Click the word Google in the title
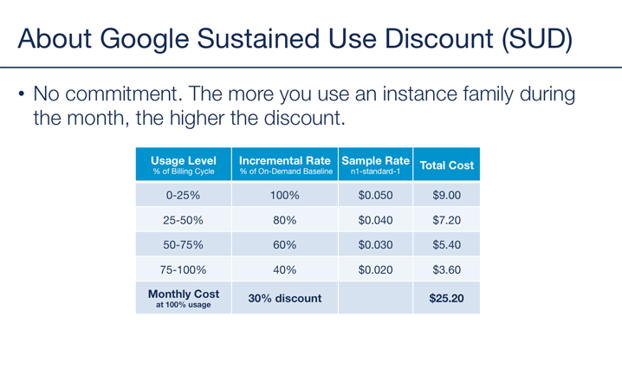[x=145, y=40]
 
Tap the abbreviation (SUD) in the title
[x=537, y=39]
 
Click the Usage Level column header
[x=184, y=165]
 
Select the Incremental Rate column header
[x=285, y=165]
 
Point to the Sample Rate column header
[x=375, y=165]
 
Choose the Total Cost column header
[x=447, y=165]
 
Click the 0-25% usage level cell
[x=184, y=195]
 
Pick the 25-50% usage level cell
[x=184, y=220]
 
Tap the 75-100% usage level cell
[x=184, y=269]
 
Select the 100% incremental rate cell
[x=285, y=195]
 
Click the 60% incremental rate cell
[x=285, y=244]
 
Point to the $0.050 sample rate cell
[x=375, y=195]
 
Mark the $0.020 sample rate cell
[x=375, y=269]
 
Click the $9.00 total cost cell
[x=447, y=195]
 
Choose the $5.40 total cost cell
[x=447, y=244]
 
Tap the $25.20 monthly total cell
[x=447, y=298]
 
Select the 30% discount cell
[x=285, y=298]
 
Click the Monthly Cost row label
[x=184, y=298]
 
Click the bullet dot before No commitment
[x=22, y=94]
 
